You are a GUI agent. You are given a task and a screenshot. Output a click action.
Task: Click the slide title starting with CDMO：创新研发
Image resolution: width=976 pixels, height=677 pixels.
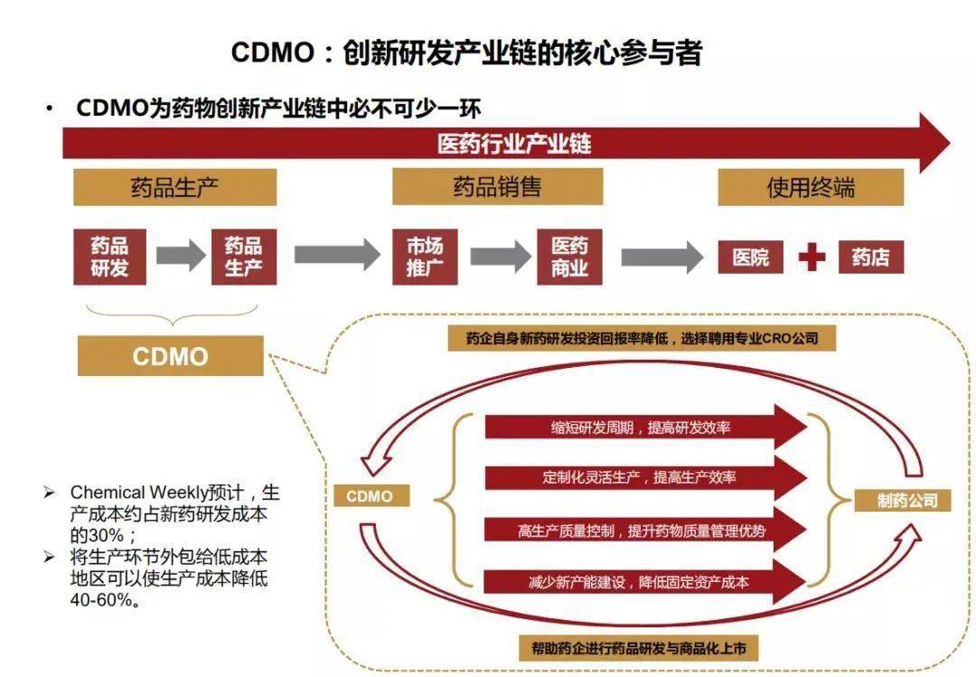click(465, 52)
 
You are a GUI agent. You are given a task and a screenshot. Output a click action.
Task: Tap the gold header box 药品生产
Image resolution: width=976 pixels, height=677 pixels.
click(174, 187)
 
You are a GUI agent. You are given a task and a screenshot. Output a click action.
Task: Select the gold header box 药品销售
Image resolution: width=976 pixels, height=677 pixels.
click(496, 187)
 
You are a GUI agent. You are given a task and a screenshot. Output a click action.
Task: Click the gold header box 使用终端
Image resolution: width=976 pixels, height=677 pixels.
click(810, 187)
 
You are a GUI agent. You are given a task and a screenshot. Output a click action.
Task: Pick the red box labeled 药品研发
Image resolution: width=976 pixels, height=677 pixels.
click(109, 257)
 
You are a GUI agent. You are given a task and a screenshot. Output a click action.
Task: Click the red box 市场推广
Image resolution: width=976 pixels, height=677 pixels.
click(425, 257)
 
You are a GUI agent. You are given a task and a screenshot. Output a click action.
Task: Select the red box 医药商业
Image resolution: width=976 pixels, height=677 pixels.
click(569, 257)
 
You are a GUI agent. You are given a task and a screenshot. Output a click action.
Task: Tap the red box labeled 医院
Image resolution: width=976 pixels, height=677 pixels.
click(750, 258)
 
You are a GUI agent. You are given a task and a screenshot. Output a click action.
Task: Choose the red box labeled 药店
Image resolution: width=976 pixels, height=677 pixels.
click(870, 258)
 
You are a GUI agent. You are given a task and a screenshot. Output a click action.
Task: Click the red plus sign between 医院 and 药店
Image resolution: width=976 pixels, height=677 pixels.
click(812, 258)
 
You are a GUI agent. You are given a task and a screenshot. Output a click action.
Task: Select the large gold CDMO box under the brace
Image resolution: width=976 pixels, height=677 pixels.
click(170, 356)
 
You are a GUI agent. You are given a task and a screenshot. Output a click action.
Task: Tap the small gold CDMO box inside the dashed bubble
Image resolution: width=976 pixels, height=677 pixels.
click(370, 496)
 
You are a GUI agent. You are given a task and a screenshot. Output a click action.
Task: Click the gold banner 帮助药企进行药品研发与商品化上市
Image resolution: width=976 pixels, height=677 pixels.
click(638, 648)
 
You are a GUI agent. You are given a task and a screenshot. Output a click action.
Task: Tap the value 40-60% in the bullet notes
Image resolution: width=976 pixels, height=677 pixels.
click(104, 600)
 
